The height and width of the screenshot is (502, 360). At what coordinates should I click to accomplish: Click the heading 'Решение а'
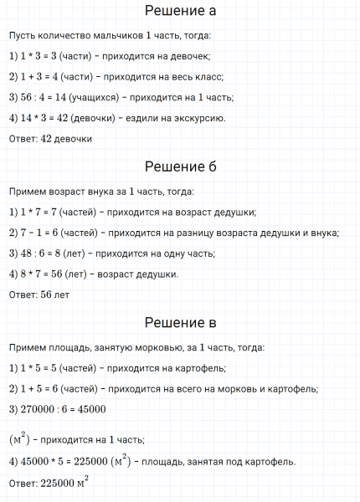[x=180, y=11]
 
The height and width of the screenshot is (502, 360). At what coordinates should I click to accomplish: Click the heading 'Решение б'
[x=180, y=166]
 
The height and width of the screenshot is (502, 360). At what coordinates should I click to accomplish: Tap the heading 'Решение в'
[x=180, y=322]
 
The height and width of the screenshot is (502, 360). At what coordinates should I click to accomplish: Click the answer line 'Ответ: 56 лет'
[x=40, y=294]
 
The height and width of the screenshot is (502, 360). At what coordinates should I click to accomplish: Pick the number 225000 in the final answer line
[x=56, y=483]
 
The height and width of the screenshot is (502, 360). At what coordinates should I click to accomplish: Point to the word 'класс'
[x=198, y=77]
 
